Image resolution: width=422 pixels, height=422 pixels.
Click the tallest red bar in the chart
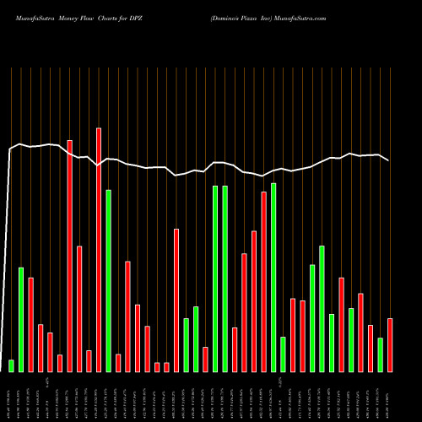[x=99, y=249]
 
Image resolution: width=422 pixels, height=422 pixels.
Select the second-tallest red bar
[x=70, y=255]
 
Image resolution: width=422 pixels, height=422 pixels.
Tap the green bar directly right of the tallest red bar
[x=109, y=280]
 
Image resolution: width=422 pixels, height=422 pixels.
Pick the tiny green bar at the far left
[x=12, y=365]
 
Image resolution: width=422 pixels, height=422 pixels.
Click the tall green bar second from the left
[x=21, y=319]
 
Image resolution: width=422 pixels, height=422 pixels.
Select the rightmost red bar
[x=390, y=344]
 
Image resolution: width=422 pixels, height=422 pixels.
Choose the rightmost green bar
[x=381, y=354]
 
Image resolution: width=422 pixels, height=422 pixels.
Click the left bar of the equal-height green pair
[x=215, y=279]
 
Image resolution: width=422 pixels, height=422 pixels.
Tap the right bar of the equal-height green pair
[x=225, y=279]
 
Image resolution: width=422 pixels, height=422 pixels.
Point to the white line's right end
[x=389, y=160]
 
